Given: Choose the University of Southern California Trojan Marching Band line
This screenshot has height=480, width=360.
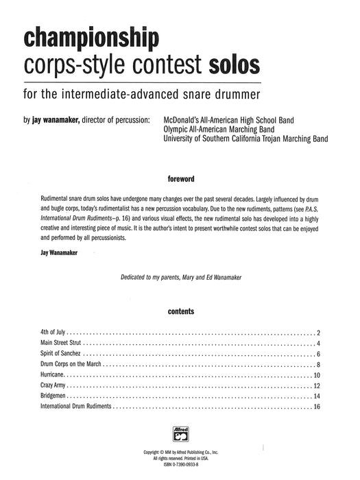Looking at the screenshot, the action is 245,138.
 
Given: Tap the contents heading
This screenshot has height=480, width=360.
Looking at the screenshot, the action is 180,311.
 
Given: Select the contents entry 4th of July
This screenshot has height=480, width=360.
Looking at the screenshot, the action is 53,331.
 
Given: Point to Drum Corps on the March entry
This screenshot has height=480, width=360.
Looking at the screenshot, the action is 75,365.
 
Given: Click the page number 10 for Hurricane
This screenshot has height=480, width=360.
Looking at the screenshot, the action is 317,376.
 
